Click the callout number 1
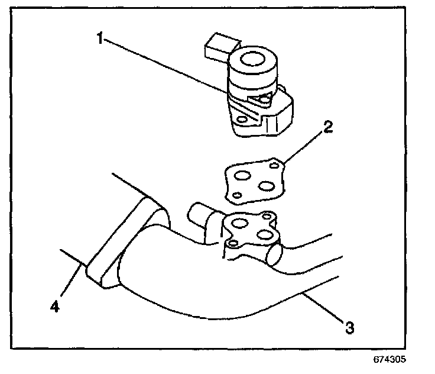(100, 39)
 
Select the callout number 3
(350, 326)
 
